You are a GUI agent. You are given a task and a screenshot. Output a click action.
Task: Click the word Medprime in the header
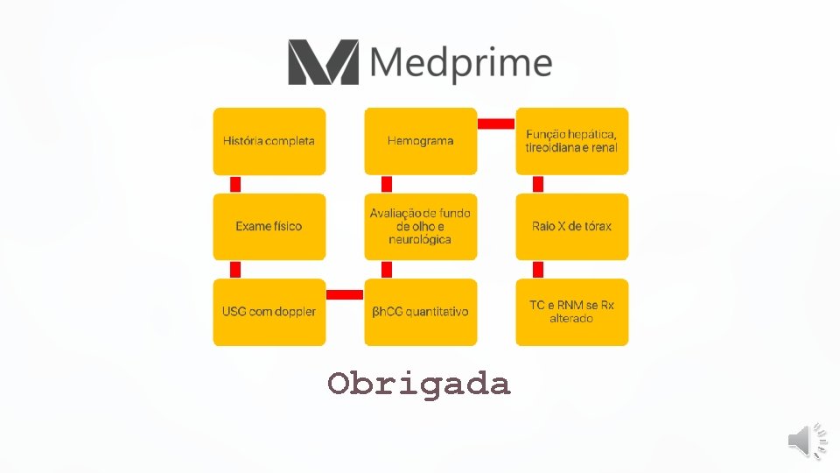click(x=460, y=63)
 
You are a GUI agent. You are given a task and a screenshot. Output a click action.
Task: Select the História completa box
click(x=269, y=141)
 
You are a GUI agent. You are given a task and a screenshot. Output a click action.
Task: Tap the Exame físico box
click(x=269, y=226)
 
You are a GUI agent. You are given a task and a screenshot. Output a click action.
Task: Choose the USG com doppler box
click(x=269, y=312)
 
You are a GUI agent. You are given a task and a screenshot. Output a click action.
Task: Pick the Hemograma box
click(x=421, y=141)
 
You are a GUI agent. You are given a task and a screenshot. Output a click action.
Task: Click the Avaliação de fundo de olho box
click(x=421, y=226)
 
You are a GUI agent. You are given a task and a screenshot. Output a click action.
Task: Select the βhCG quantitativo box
click(x=421, y=312)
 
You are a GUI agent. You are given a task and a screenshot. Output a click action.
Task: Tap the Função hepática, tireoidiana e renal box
click(x=572, y=141)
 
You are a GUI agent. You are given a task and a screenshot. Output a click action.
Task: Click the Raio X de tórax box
click(x=572, y=226)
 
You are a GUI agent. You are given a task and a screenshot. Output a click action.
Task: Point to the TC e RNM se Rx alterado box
click(x=572, y=312)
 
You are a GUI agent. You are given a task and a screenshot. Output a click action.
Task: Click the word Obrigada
click(x=419, y=384)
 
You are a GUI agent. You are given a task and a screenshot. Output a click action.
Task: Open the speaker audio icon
click(x=807, y=440)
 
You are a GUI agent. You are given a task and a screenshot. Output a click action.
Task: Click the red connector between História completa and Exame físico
click(x=235, y=184)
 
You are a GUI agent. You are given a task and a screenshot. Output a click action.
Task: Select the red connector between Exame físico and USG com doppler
click(x=235, y=269)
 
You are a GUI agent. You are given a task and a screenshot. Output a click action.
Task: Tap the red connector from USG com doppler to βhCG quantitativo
click(x=345, y=294)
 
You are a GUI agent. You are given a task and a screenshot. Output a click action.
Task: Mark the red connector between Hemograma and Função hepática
click(x=496, y=124)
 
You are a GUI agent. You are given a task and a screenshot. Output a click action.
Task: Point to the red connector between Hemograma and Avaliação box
click(x=387, y=184)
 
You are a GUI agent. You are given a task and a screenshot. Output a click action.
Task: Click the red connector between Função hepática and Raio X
click(x=538, y=184)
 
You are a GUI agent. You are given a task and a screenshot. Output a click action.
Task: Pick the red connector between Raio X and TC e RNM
click(x=538, y=269)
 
